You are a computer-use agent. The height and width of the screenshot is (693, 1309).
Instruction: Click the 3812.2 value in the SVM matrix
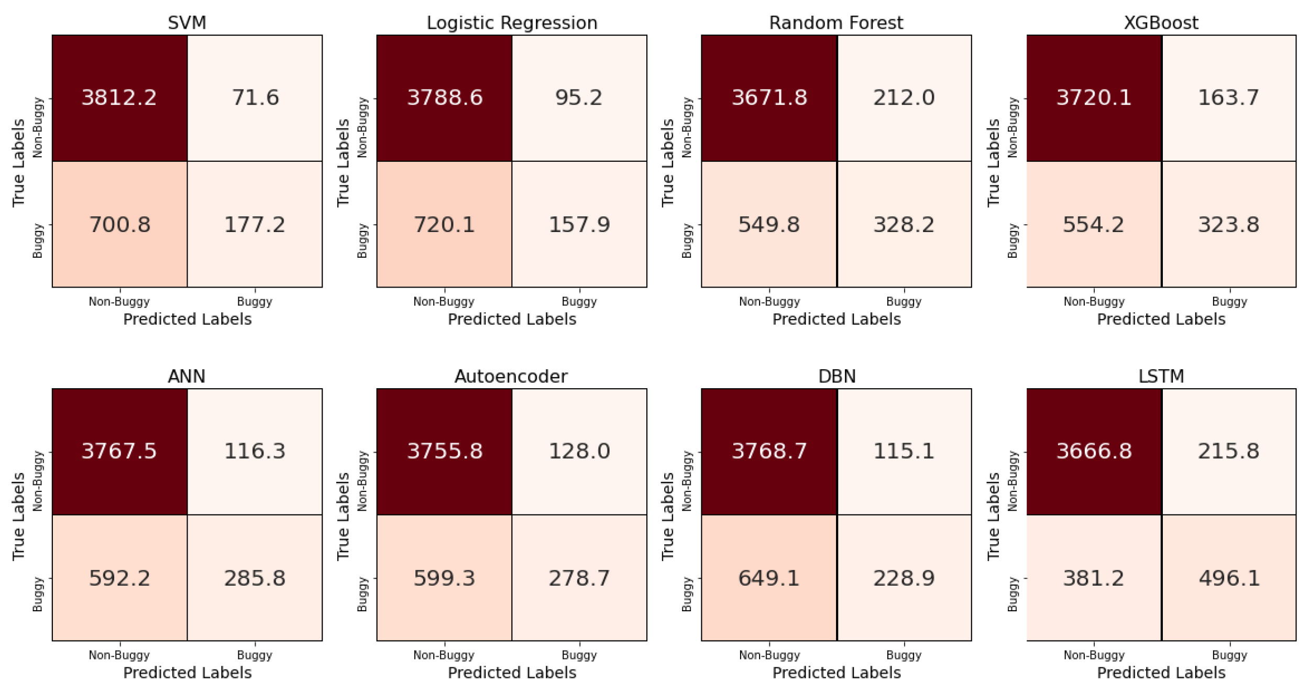pos(119,97)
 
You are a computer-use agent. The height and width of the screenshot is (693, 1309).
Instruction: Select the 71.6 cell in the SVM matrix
pos(255,97)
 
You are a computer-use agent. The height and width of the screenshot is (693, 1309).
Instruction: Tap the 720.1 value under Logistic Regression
pos(444,225)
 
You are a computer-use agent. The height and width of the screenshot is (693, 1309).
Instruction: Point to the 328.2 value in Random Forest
pos(904,225)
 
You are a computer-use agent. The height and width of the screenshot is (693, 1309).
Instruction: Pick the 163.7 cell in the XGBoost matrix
pos(1228,97)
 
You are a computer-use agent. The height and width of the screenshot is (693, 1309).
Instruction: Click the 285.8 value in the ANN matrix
pos(255,578)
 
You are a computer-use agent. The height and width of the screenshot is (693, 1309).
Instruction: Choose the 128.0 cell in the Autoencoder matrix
pos(579,451)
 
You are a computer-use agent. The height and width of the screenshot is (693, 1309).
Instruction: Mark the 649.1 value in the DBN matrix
pos(768,578)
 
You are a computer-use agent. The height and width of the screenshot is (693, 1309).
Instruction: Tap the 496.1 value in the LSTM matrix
pos(1229,578)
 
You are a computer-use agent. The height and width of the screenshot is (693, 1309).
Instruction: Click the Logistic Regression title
pos(512,23)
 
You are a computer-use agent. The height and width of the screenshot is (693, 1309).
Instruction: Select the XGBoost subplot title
pos(1161,23)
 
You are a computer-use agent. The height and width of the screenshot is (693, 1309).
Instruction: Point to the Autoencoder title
pos(511,377)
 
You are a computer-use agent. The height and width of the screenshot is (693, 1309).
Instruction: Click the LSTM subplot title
pos(1161,377)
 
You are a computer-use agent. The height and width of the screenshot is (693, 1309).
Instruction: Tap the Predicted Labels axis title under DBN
pos(837,673)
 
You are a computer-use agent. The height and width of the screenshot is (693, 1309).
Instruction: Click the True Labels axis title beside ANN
pos(19,516)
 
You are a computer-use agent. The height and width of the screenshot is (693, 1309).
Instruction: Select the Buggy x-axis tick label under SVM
pos(255,302)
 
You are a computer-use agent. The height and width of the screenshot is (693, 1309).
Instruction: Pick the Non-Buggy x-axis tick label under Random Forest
pos(769,302)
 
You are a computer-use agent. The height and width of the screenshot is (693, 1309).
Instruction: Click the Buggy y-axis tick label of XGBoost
pos(1013,240)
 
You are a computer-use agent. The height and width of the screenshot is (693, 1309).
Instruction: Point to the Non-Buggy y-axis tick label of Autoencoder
pos(362,481)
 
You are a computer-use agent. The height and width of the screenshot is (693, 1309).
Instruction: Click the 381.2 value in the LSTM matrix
pos(1093,578)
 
